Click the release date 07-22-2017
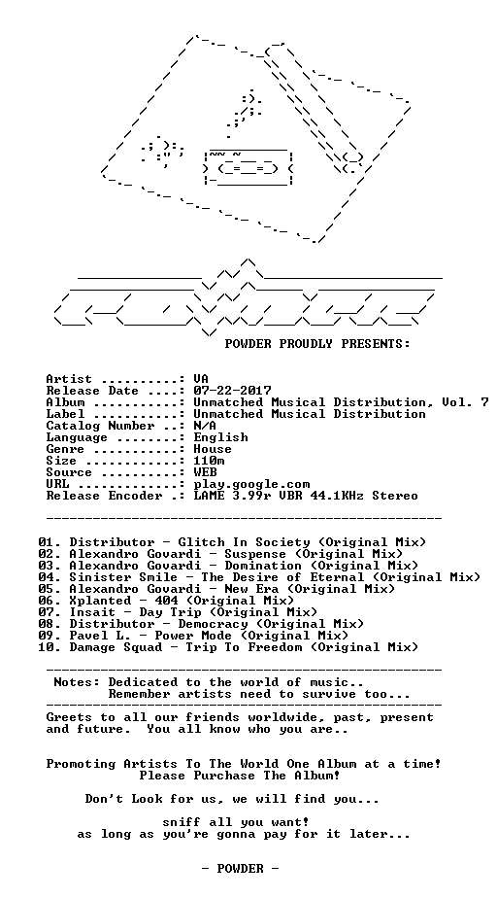click(232, 391)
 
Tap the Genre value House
click(213, 449)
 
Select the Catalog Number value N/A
click(205, 426)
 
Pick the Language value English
click(220, 437)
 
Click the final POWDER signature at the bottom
click(240, 869)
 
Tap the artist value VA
click(201, 380)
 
